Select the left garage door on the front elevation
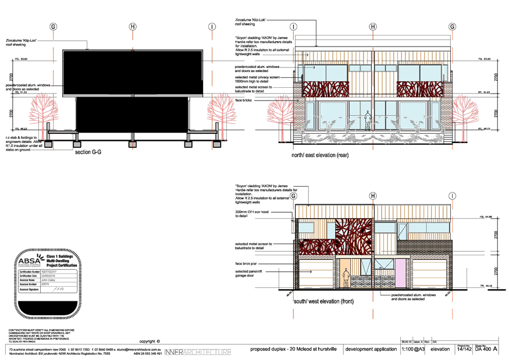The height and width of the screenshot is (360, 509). [316, 274]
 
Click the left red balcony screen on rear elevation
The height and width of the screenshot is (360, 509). [325, 90]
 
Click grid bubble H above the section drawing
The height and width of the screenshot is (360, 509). [133, 27]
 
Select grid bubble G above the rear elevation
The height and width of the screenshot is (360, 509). [452, 27]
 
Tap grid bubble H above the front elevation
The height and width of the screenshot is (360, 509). [373, 196]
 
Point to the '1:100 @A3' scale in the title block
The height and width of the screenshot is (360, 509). [412, 350]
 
